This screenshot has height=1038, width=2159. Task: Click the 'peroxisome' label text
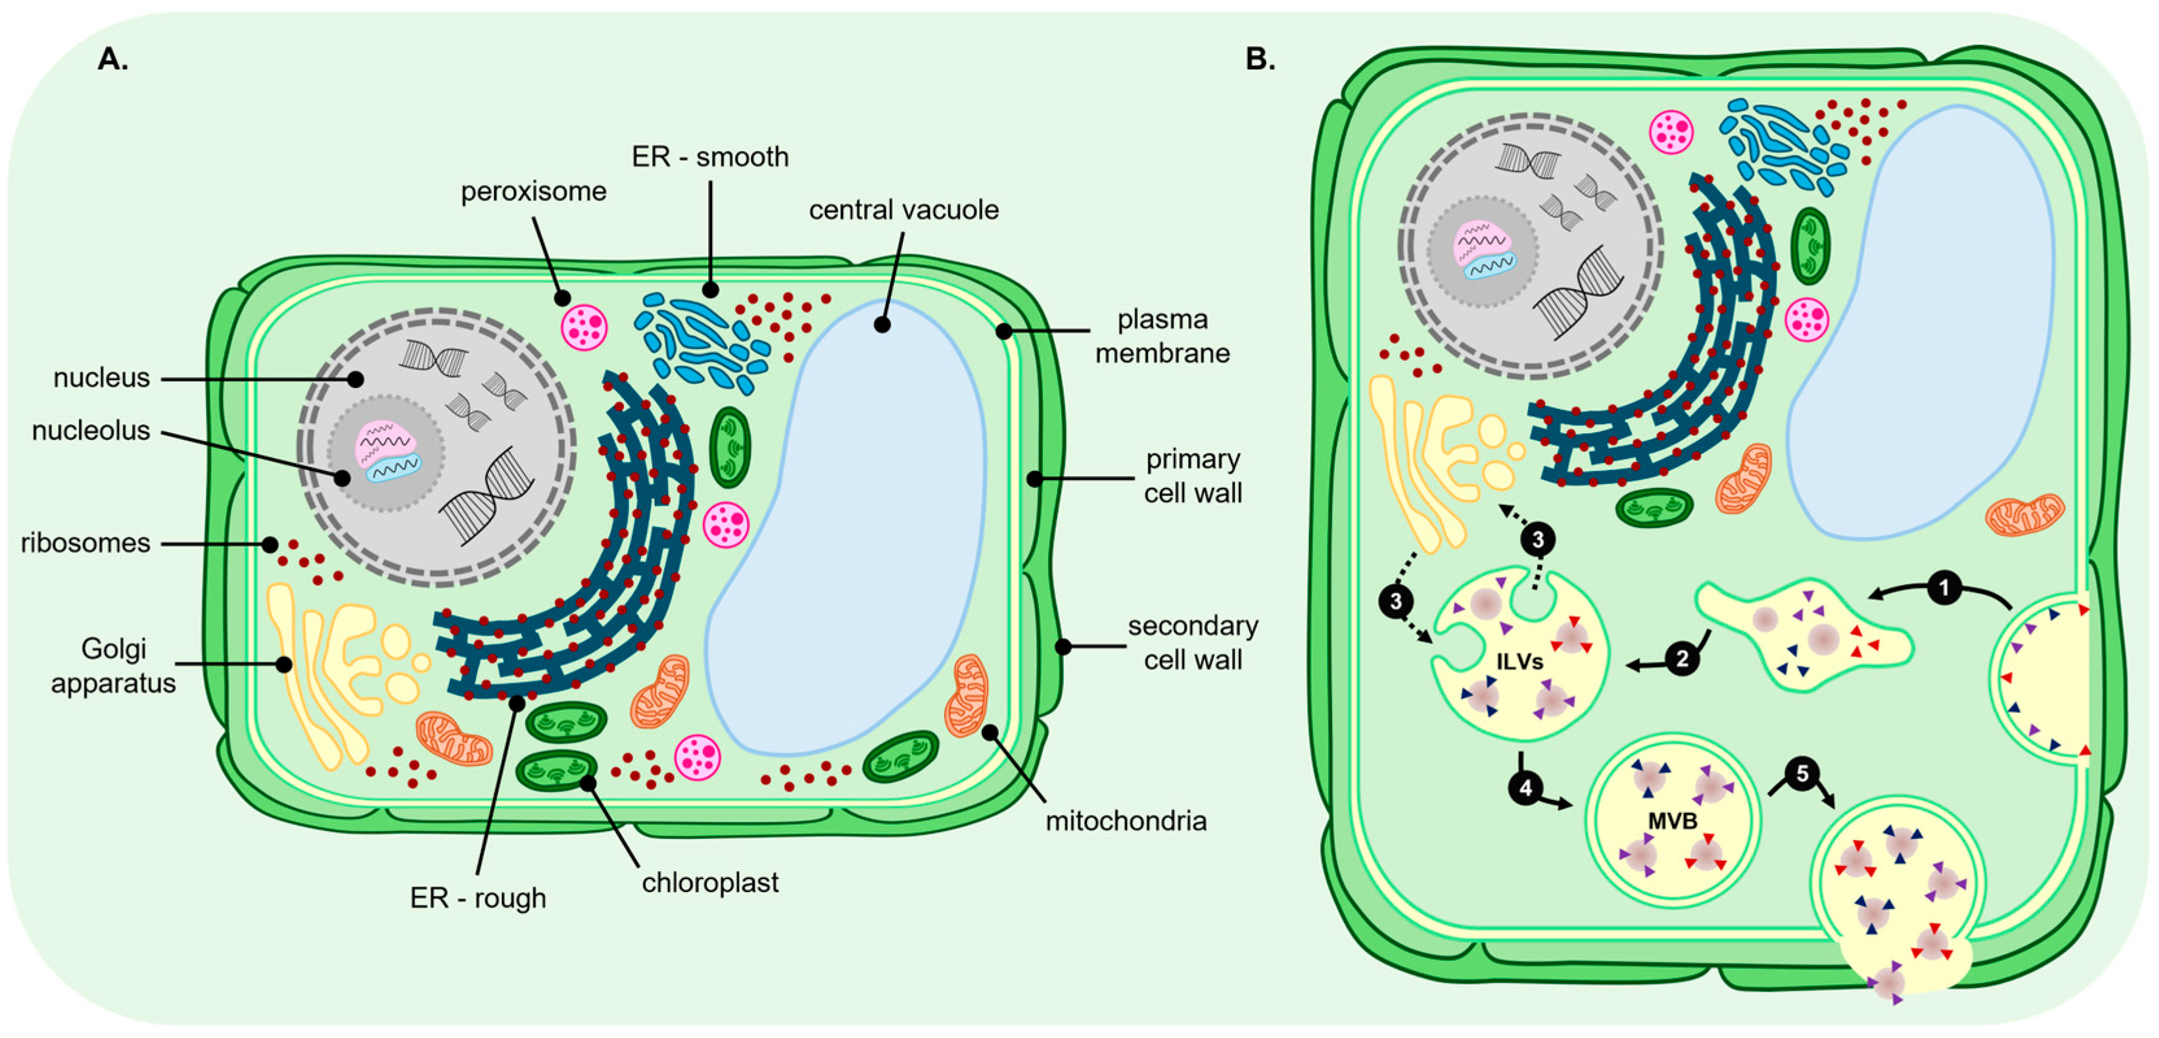coord(533,192)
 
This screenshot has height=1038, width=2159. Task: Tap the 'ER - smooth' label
coord(710,157)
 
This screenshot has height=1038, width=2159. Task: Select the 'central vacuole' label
coord(903,210)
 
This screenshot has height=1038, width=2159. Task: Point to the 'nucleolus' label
coord(91,431)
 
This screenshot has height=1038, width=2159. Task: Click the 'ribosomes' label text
coord(86,543)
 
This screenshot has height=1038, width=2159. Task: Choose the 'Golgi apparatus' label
coord(113,666)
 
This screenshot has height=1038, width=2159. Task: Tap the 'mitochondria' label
coord(1126,821)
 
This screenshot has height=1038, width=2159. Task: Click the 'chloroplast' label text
coord(710,882)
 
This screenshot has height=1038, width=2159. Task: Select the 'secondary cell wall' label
coord(1193,643)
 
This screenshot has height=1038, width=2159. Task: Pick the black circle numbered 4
coord(1525,788)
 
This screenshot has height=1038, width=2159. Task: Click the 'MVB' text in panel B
coord(1672,821)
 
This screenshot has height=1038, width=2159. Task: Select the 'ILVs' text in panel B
coord(1520,662)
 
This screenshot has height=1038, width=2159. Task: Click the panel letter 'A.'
coord(113,60)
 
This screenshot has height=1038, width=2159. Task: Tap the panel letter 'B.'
coord(1259,60)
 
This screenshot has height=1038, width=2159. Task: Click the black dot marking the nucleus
coord(355,380)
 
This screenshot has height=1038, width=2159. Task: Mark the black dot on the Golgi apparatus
coord(284,665)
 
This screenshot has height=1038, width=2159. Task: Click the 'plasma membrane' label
coord(1162,336)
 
